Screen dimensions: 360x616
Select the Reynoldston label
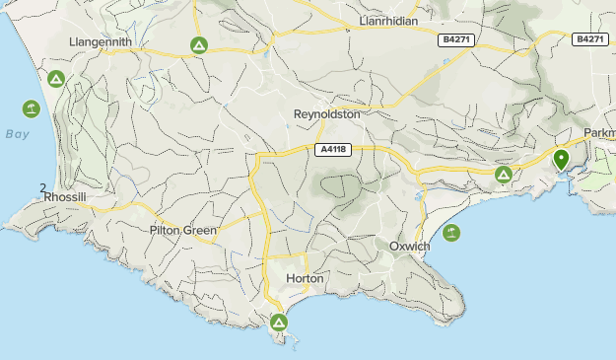coord(327,114)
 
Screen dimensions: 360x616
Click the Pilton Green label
coord(182,231)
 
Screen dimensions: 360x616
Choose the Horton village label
coord(304,279)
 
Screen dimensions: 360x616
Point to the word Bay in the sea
coord(17,133)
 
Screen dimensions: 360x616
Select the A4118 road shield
coord(332,150)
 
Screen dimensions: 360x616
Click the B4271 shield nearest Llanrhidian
coord(455,39)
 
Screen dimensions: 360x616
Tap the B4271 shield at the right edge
coord(589,38)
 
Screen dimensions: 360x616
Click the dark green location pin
coord(561,159)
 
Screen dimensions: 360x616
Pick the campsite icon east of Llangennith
coord(198,45)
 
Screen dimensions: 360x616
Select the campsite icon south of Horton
coord(279,322)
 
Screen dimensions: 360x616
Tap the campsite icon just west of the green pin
coord(504,175)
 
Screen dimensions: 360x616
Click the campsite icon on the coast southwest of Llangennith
coord(56,79)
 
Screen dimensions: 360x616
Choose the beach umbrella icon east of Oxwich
coord(451,233)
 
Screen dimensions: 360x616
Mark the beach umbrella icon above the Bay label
coord(31,108)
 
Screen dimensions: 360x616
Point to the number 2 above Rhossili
coord(42,187)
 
